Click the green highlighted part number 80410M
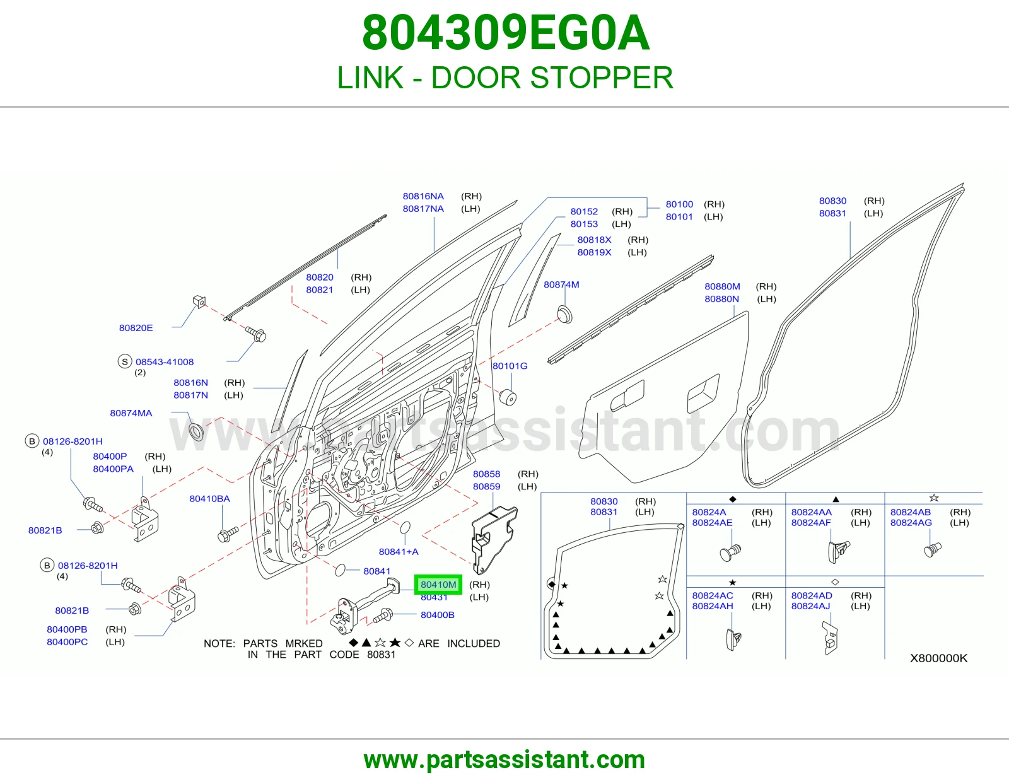(438, 585)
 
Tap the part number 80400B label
(438, 615)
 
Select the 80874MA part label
(131, 413)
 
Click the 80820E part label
(136, 328)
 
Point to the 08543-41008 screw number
(165, 362)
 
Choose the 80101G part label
(510, 366)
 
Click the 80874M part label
(561, 284)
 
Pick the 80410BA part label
(209, 499)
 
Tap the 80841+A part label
(399, 552)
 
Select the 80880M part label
(722, 286)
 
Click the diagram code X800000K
(938, 658)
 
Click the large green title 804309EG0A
(505, 33)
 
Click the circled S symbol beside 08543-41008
(124, 361)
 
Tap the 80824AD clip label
(812, 595)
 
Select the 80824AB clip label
(910, 512)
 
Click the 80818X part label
(594, 240)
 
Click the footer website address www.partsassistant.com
(504, 760)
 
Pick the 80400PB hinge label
(67, 629)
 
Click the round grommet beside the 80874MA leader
(197, 431)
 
